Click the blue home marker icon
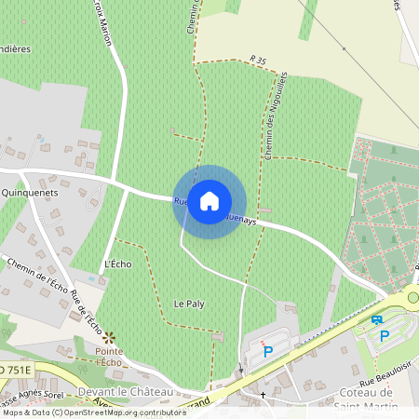(209, 200)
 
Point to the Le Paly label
(189, 304)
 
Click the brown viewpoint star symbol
(109, 336)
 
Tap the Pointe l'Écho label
(109, 357)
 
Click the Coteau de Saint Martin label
(366, 398)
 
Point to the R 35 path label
(258, 61)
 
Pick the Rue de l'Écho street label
(87, 313)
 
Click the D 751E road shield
(15, 370)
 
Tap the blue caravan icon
(377, 320)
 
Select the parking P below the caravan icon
(385, 336)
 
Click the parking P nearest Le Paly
(268, 351)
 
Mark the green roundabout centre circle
(412, 298)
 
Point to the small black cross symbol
(263, 395)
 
